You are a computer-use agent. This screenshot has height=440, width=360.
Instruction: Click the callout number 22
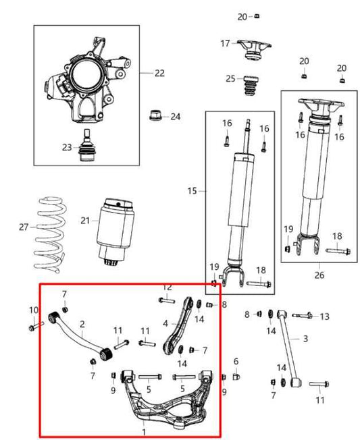pyautogui.click(x=159, y=73)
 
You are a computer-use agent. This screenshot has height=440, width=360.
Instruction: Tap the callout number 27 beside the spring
pyautogui.click(x=24, y=227)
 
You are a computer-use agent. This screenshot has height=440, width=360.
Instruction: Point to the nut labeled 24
pyautogui.click(x=155, y=115)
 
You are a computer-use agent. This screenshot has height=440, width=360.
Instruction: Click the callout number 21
pyautogui.click(x=84, y=221)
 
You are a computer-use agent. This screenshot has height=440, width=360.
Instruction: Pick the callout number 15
pyautogui.click(x=192, y=192)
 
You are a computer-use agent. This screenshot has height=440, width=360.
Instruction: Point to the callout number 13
pyautogui.click(x=325, y=317)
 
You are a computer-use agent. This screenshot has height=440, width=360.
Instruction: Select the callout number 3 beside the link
pyautogui.click(x=305, y=338)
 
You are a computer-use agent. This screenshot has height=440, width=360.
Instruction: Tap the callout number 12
pyautogui.click(x=167, y=287)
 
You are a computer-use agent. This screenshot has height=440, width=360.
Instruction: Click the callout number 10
pyautogui.click(x=34, y=310)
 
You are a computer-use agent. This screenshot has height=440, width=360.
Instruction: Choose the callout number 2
pyautogui.click(x=82, y=325)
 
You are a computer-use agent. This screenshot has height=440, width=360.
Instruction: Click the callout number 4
pyautogui.click(x=165, y=324)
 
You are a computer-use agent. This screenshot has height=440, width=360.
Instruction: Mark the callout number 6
pyautogui.click(x=236, y=362)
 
